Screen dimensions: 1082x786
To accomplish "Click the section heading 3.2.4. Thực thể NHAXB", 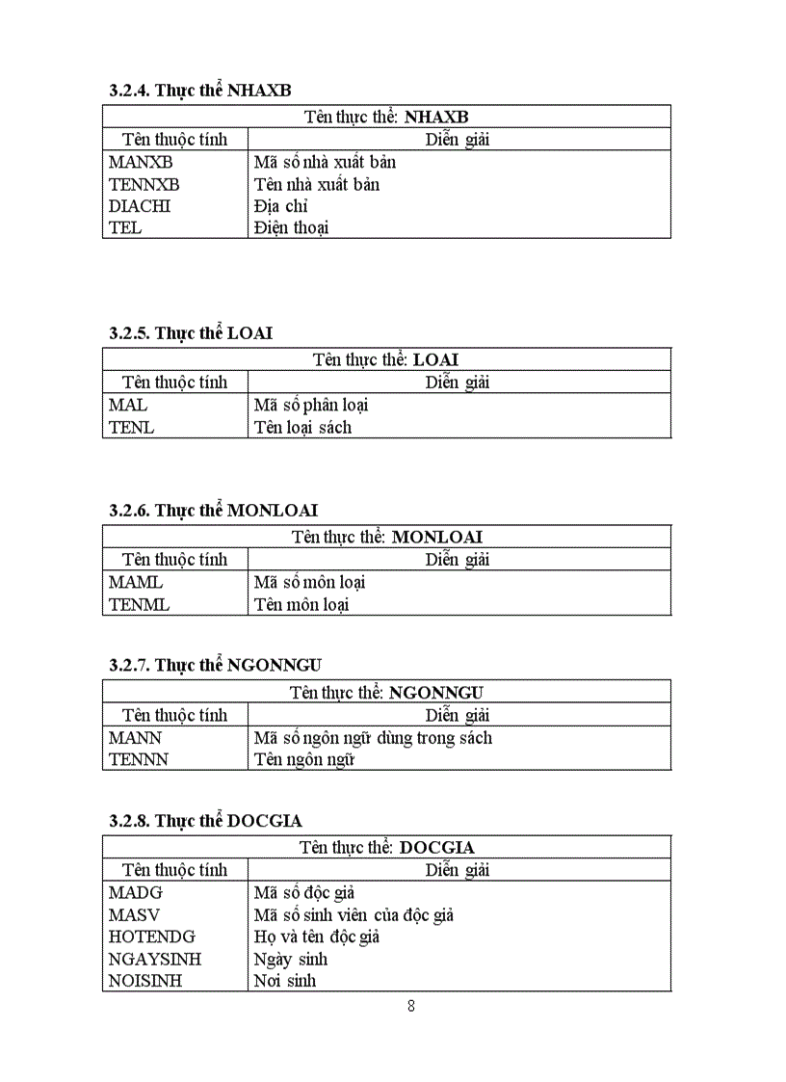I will (x=199, y=90).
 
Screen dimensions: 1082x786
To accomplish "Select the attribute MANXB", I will (x=141, y=162).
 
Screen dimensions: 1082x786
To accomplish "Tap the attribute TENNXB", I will (x=144, y=184).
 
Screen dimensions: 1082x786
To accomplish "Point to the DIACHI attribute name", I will (x=140, y=206).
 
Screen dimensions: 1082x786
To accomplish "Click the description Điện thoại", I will (x=291, y=228).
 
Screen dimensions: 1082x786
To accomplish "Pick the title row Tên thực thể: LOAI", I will (x=386, y=359).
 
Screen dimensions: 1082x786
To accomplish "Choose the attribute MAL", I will (x=128, y=406).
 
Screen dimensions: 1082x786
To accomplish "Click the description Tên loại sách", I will (x=302, y=428).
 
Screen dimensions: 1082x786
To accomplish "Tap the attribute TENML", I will (x=139, y=605).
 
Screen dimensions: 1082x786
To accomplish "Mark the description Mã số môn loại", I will (x=309, y=583).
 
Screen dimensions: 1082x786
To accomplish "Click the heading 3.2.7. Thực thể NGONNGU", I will (x=215, y=665).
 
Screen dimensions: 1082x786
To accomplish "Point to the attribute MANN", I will (x=135, y=738).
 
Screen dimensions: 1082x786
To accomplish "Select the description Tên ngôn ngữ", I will (x=304, y=760).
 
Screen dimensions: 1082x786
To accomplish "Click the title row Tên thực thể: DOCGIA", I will (x=386, y=847).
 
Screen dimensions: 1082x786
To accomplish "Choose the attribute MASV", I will (x=134, y=915).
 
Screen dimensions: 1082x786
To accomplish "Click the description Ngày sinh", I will (x=290, y=960).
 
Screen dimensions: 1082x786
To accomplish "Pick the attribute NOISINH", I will (x=145, y=982).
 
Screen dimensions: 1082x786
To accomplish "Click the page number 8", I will (x=411, y=1006).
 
